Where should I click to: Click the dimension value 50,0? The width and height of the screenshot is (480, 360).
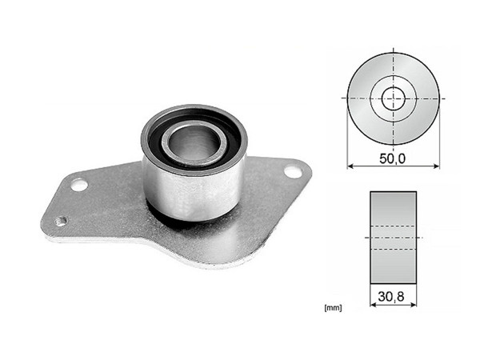(x=392, y=158)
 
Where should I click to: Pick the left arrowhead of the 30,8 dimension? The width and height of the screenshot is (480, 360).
(x=371, y=306)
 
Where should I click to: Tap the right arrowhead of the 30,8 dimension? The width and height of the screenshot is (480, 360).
(x=413, y=306)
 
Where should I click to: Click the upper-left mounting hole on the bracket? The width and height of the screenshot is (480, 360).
(x=78, y=185)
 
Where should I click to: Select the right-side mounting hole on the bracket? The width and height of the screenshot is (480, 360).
(x=293, y=171)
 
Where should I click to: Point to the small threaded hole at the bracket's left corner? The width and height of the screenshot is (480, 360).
(x=62, y=221)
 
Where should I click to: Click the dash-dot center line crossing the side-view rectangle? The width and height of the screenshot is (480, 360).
(x=392, y=238)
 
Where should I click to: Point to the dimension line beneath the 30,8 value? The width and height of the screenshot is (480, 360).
(x=392, y=306)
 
